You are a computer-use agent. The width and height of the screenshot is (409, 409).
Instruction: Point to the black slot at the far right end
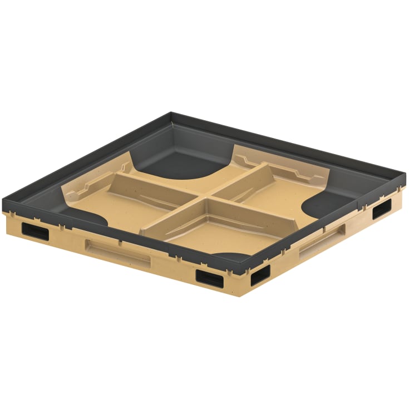coord(382,209)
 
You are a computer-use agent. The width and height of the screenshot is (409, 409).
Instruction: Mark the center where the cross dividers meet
coord(208,195)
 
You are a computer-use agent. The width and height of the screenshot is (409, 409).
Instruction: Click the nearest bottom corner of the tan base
coord(240,293)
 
